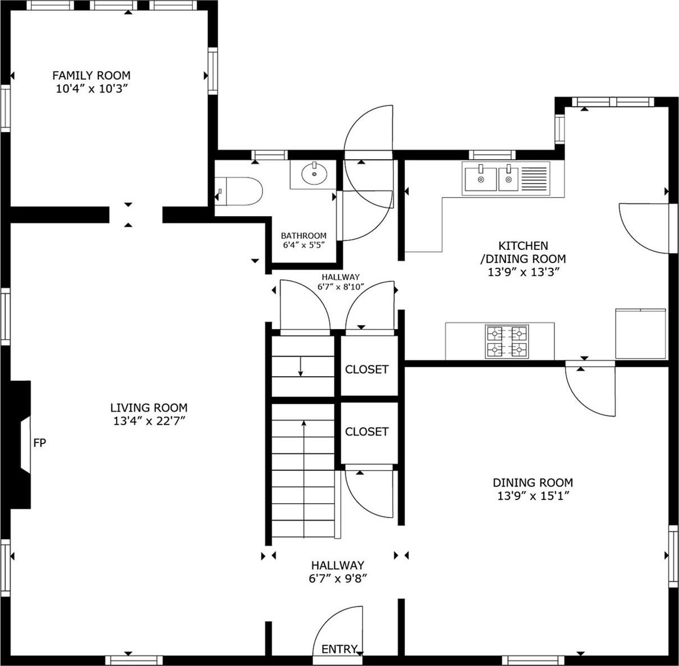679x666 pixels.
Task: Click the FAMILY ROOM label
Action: click(91, 75)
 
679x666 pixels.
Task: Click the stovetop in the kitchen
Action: click(506, 341)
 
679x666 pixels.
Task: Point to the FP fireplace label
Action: click(39, 443)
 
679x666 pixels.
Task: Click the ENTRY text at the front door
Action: click(339, 649)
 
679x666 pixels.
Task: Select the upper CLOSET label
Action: click(366, 370)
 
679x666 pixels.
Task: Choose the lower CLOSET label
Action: click(366, 431)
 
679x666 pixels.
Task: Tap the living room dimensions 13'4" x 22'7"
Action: click(148, 422)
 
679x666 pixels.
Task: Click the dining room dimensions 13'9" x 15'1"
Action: click(533, 496)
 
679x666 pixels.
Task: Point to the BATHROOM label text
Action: click(304, 236)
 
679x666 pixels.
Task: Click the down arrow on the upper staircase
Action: click(301, 367)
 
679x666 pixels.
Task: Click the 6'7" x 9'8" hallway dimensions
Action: click(338, 579)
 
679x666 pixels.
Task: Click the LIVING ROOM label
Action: click(149, 408)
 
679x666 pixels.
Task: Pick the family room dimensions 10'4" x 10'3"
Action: click(91, 89)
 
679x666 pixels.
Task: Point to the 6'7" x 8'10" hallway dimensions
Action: click(340, 286)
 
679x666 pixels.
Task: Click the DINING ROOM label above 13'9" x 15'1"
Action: click(533, 482)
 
